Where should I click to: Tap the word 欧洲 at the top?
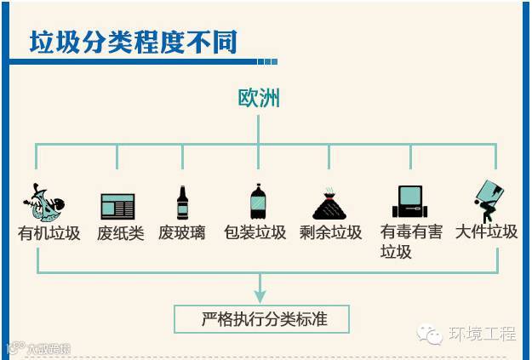click(x=259, y=99)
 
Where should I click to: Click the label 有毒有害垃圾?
click(x=411, y=241)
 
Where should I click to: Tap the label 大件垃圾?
click(x=486, y=232)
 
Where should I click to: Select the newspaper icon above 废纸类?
click(x=117, y=206)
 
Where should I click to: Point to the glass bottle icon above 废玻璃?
click(x=182, y=203)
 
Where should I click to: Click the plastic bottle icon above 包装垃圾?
click(x=259, y=203)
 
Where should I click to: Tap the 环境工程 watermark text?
click(x=483, y=334)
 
